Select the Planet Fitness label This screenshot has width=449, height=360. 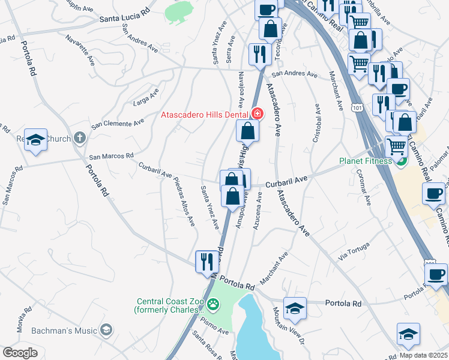pyautogui.click(x=365, y=161)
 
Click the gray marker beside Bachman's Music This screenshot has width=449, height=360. pyautogui.click(x=106, y=330)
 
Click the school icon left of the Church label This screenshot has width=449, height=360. pyautogui.click(x=35, y=140)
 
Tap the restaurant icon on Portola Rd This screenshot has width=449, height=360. pyautogui.click(x=207, y=261)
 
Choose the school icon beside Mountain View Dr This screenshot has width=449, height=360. pyautogui.click(x=294, y=308)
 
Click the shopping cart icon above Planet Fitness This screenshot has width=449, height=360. pyautogui.click(x=396, y=145)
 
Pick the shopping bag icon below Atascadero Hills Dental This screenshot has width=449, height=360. pyautogui.click(x=247, y=130)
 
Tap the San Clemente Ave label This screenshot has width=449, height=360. pyautogui.click(x=118, y=124)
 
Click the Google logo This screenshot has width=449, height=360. pyautogui.click(x=20, y=352)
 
